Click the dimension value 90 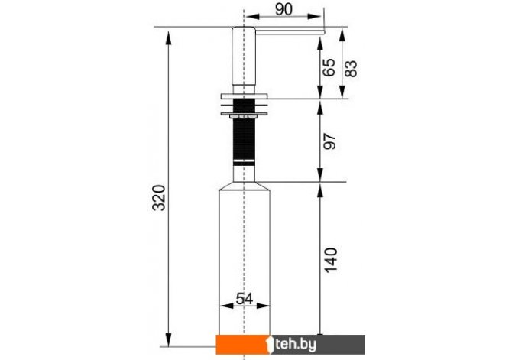click(x=284, y=9)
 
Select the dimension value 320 click(x=160, y=198)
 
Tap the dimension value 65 click(x=329, y=67)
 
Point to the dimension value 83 click(x=351, y=69)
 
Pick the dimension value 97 click(x=329, y=141)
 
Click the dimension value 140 click(x=330, y=260)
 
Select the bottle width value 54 click(x=245, y=298)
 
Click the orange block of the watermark click(x=242, y=344)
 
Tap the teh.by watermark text click(x=296, y=344)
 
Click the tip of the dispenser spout click(x=325, y=31)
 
